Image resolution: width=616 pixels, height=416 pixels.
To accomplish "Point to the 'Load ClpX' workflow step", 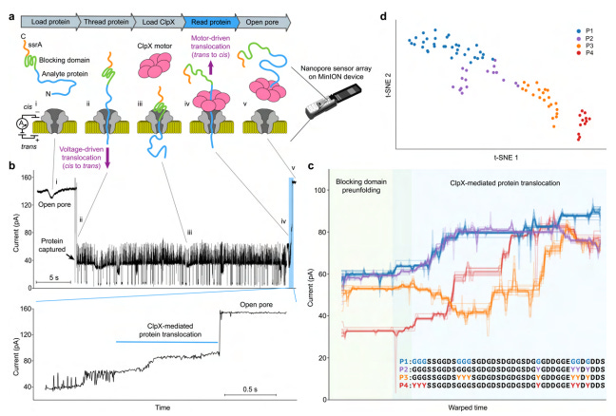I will coord(155,17).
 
